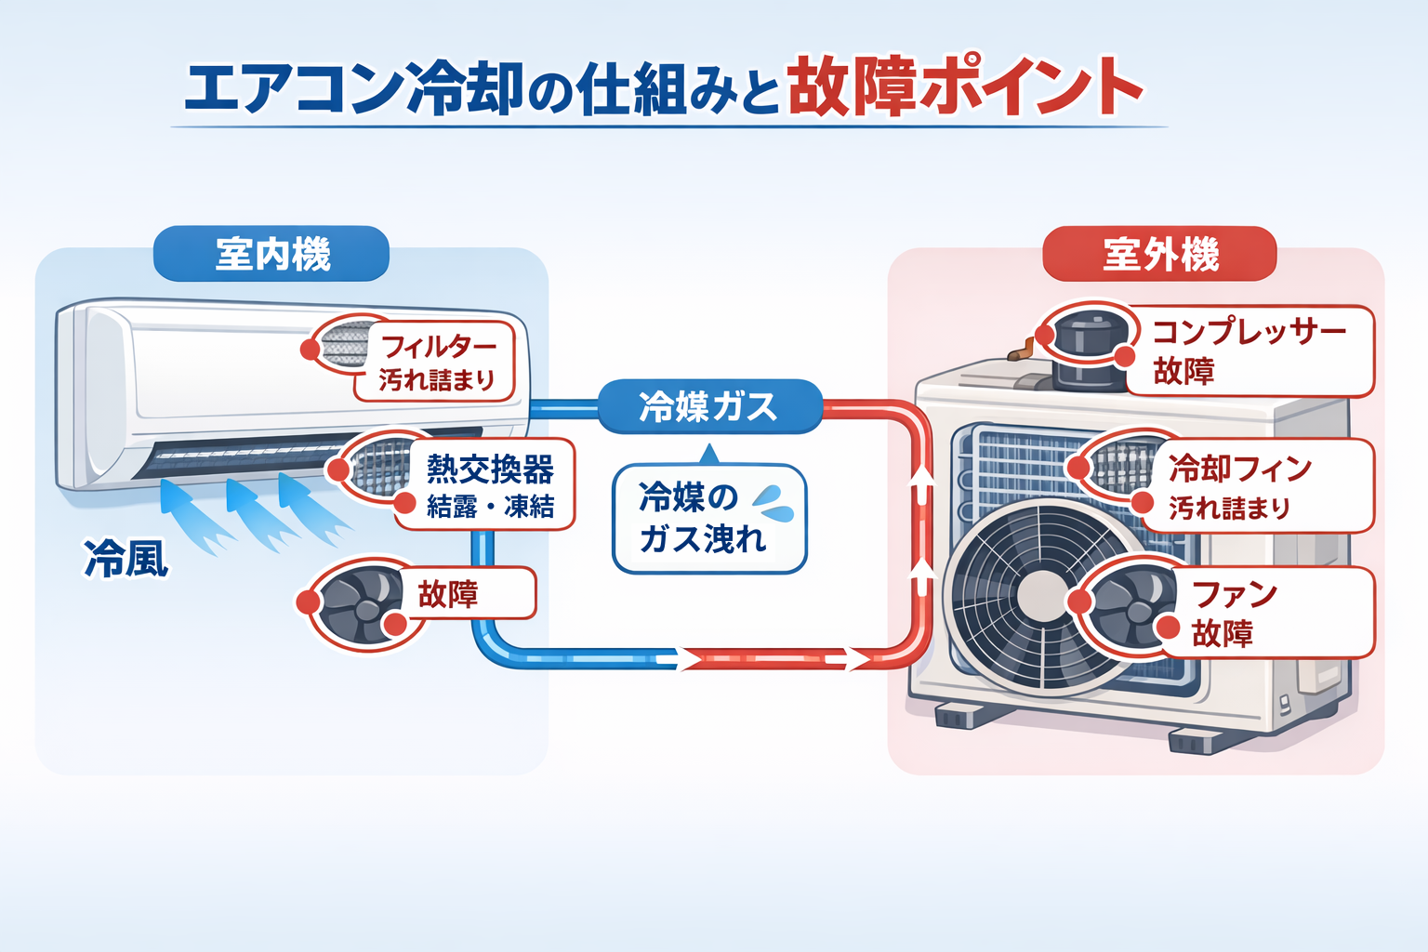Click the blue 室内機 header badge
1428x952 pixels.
tap(271, 254)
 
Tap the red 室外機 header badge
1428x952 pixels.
tap(1159, 254)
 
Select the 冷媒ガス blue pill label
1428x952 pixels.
tap(708, 406)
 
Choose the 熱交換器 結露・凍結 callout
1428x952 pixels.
tap(489, 485)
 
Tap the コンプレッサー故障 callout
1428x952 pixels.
tap(1249, 350)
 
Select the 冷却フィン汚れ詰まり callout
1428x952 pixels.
tap(1241, 486)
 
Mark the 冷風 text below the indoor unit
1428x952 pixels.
tap(126, 559)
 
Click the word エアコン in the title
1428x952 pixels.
tap(293, 89)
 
